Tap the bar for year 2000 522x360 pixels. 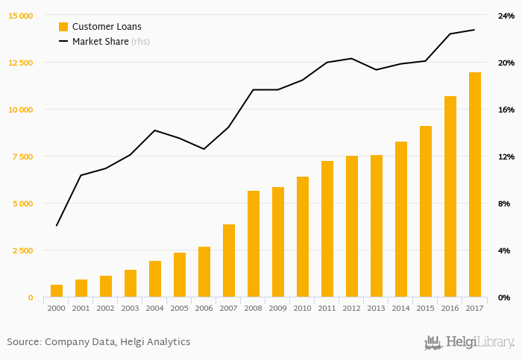point(57,291)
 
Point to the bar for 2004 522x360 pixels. point(155,279)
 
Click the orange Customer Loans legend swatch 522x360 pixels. point(63,27)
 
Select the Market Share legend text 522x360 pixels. point(100,42)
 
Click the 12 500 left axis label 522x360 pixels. point(21,63)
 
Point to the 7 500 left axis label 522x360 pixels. point(22,157)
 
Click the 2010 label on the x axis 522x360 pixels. point(303,308)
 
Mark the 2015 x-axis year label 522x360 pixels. point(426,308)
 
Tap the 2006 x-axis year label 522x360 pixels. point(204,308)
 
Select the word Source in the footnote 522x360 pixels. point(23,342)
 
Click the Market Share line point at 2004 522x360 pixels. point(154,130)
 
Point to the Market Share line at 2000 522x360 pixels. point(57,226)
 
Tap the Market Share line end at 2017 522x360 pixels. point(475,30)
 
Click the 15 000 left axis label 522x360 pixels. point(21,16)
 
